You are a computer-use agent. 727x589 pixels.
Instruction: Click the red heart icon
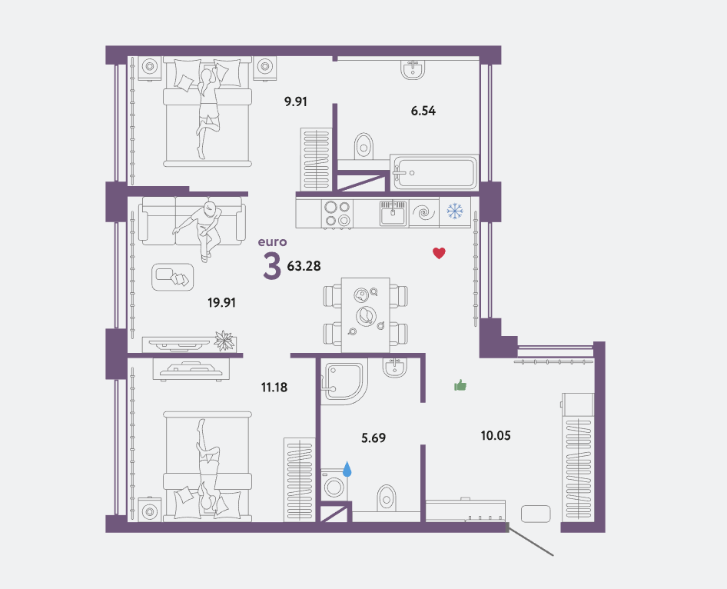click(439, 253)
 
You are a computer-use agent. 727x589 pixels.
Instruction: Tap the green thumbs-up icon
click(460, 385)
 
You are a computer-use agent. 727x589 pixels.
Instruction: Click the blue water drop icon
click(347, 469)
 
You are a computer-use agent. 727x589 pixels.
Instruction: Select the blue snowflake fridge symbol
click(455, 211)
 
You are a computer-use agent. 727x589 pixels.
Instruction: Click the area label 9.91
click(296, 101)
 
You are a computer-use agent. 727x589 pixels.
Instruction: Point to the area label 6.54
click(423, 111)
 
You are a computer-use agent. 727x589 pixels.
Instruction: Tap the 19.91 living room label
click(221, 303)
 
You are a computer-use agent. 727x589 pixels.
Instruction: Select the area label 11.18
click(274, 387)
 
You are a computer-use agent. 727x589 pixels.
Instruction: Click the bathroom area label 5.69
click(373, 438)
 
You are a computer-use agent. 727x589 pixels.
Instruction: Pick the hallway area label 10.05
click(496, 435)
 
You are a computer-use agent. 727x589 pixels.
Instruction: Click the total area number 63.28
click(304, 266)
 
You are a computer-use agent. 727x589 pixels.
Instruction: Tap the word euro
click(273, 241)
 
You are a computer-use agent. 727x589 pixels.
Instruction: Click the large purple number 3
click(272, 266)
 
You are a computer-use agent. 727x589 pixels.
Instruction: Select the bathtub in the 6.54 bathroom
click(434, 172)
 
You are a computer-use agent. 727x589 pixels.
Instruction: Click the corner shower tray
click(344, 381)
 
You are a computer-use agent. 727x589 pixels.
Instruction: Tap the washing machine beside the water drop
click(334, 486)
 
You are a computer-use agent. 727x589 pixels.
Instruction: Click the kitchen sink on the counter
click(393, 213)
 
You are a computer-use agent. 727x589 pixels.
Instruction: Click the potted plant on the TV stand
click(224, 341)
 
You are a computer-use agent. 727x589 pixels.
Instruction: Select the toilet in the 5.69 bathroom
click(387, 497)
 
